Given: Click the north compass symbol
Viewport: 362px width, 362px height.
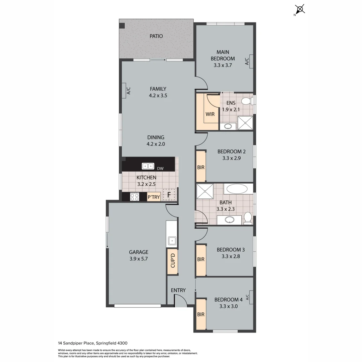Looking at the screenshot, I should (300, 9).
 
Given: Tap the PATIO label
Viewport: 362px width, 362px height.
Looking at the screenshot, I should (156, 36).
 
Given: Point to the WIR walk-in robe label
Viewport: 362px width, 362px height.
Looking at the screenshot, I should (210, 114).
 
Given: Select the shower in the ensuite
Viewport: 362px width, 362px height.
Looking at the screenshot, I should (245, 123).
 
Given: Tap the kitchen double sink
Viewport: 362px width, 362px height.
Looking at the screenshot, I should (148, 166).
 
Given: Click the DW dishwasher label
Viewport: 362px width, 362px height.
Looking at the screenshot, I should (160, 169).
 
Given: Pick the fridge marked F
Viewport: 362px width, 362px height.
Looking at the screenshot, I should (169, 194).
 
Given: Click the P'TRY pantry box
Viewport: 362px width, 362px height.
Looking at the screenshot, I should (154, 197).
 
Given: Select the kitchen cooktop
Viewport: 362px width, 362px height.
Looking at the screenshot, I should (134, 197).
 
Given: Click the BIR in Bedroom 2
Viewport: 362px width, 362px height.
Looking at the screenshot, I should (201, 167).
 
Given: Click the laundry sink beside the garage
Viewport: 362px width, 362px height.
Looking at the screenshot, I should (172, 240).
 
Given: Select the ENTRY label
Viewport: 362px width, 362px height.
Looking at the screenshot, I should (178, 290).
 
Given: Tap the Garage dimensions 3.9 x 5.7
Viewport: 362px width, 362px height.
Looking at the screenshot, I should (138, 258).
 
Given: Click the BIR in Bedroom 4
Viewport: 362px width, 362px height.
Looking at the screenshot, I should (201, 314).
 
